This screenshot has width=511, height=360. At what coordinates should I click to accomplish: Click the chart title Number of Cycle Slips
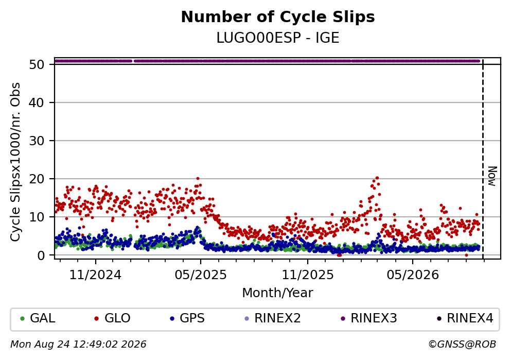tap(278, 17)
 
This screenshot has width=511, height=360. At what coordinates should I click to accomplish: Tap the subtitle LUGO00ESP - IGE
tap(278, 38)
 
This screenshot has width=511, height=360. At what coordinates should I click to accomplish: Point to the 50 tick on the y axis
tap(37, 64)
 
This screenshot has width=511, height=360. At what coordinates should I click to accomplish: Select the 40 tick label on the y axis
tap(37, 102)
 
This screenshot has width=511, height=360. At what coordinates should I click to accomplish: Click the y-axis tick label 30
tap(37, 141)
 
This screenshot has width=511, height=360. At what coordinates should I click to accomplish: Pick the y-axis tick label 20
tap(37, 179)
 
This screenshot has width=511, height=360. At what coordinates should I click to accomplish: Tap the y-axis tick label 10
tap(37, 217)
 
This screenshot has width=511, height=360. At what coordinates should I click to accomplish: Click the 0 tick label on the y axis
tap(41, 255)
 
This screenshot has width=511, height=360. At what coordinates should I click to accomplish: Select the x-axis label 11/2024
tap(96, 275)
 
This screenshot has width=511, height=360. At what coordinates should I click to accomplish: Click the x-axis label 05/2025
tap(200, 275)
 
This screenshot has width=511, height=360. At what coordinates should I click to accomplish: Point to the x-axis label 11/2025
tap(308, 275)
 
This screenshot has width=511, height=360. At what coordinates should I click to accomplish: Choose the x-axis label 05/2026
tap(413, 275)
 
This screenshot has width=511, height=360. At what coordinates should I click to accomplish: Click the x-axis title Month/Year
tap(277, 293)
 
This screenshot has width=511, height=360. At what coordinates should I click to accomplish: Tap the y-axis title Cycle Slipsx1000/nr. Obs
tap(15, 162)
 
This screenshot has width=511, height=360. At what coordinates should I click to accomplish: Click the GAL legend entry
tap(38, 318)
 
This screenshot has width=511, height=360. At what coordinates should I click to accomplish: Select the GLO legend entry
tap(112, 318)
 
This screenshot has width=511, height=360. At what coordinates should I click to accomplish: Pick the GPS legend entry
tap(187, 318)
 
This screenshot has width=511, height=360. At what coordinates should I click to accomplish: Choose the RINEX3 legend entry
tap(368, 318)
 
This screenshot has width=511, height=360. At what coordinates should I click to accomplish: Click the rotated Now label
tap(492, 176)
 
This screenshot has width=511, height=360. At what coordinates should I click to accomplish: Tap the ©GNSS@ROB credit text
tap(462, 345)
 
